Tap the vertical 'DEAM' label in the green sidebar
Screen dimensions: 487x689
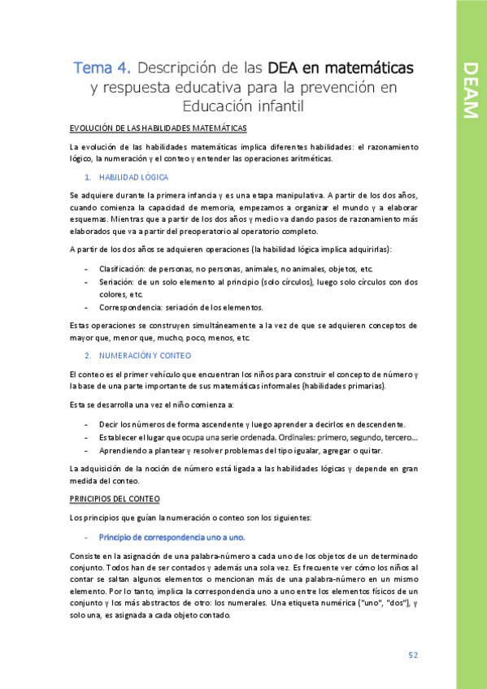coord(470,89)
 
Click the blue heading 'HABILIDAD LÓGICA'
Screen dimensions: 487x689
coord(133,176)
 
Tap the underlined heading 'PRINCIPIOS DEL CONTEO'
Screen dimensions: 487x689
coord(115,498)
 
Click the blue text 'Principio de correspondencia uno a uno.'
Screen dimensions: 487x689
coord(172,537)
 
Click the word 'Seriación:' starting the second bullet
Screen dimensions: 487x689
coord(118,282)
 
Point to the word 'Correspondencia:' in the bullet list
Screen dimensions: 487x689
coord(129,307)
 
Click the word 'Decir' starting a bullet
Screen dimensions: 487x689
coord(108,425)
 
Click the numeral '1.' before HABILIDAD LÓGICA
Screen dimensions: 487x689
coord(88,176)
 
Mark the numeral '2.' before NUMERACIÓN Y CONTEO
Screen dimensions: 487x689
coord(88,356)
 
